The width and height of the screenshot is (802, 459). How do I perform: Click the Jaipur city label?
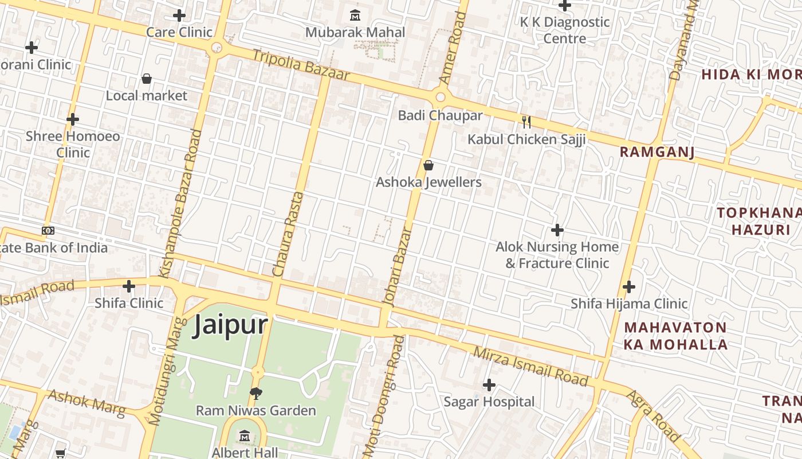230,325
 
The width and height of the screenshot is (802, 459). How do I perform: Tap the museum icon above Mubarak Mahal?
355,15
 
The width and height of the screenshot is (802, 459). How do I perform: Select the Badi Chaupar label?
440,115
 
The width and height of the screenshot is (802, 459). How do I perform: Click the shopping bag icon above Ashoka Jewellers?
428,166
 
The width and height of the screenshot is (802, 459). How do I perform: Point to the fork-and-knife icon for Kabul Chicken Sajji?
526,122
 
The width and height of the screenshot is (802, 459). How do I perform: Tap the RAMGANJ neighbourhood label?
657,152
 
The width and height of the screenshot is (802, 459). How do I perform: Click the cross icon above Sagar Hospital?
489,384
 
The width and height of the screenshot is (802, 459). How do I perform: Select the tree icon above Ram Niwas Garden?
256,394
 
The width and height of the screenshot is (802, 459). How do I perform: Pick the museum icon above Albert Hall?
245,436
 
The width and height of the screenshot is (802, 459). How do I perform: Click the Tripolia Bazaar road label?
300,65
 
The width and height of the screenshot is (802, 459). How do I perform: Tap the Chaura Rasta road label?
287,235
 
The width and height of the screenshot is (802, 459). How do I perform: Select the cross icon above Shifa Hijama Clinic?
629,286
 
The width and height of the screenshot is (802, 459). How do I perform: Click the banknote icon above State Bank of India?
48,231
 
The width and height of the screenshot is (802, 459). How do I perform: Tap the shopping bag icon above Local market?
147,79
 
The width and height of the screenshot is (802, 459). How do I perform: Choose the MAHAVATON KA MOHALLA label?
675,336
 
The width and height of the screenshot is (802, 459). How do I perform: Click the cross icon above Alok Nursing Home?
557,231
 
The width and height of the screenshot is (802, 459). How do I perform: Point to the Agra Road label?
653,417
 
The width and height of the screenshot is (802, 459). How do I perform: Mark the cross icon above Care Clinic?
179,15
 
